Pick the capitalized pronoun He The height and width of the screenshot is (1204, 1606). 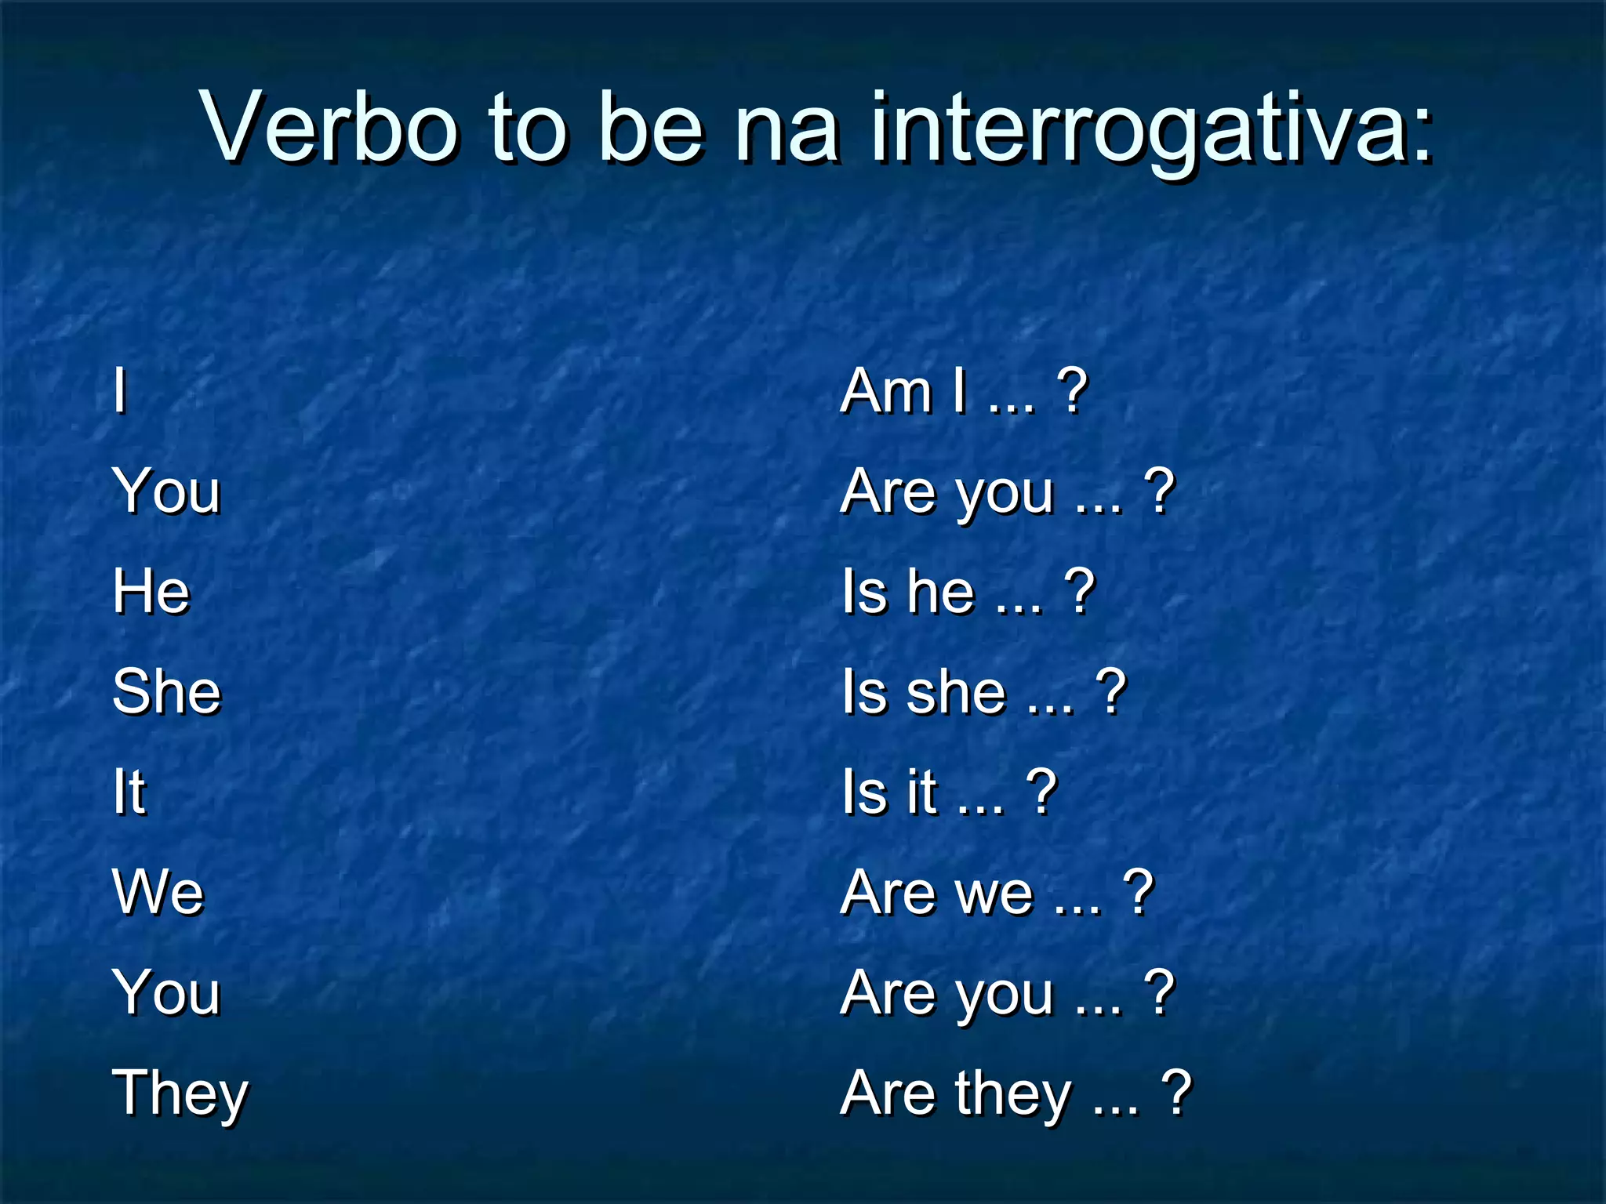coord(151,591)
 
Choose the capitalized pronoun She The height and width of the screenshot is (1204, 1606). coord(167,691)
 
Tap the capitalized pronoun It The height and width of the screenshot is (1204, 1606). coord(129,792)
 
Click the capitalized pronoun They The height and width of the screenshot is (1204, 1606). coord(180,1094)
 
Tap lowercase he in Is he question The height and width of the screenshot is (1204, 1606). coord(941,591)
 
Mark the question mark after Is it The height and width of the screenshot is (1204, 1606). coord(1041,792)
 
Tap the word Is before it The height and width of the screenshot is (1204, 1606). coord(863,792)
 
